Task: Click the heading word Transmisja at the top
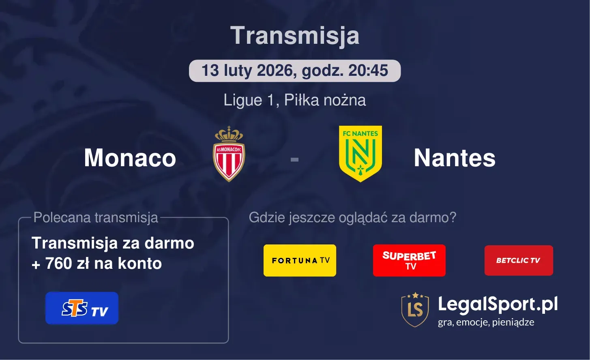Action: pyautogui.click(x=295, y=36)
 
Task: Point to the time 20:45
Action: pyautogui.click(x=368, y=71)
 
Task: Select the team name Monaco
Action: pyautogui.click(x=130, y=158)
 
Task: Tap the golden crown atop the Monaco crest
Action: pyautogui.click(x=229, y=133)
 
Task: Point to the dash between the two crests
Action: pyautogui.click(x=295, y=160)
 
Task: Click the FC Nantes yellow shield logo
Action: pyautogui.click(x=360, y=154)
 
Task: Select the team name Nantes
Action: pyautogui.click(x=455, y=158)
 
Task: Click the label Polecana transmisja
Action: pyautogui.click(x=96, y=218)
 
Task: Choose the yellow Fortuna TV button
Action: pyautogui.click(x=300, y=260)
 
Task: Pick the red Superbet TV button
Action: pyautogui.click(x=409, y=260)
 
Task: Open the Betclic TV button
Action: pyautogui.click(x=519, y=260)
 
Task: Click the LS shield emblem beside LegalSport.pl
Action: pyautogui.click(x=415, y=310)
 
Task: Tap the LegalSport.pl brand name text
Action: pyautogui.click(x=498, y=304)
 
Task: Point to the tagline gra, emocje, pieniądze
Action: pyautogui.click(x=486, y=322)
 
